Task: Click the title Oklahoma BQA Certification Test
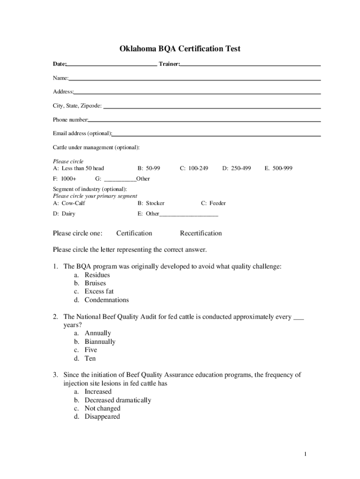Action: click(x=180, y=49)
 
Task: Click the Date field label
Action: click(x=59, y=64)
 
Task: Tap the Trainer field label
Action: click(x=169, y=64)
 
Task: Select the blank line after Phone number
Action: click(x=204, y=121)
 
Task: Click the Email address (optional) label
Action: click(x=82, y=133)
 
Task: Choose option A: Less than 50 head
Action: click(x=78, y=168)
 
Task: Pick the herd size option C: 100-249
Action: click(x=194, y=168)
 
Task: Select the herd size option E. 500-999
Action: click(x=278, y=168)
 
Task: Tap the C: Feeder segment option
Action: click(x=213, y=203)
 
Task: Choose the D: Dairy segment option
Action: click(x=64, y=214)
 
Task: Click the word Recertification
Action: click(x=201, y=233)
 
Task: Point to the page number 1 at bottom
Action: click(x=305, y=454)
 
